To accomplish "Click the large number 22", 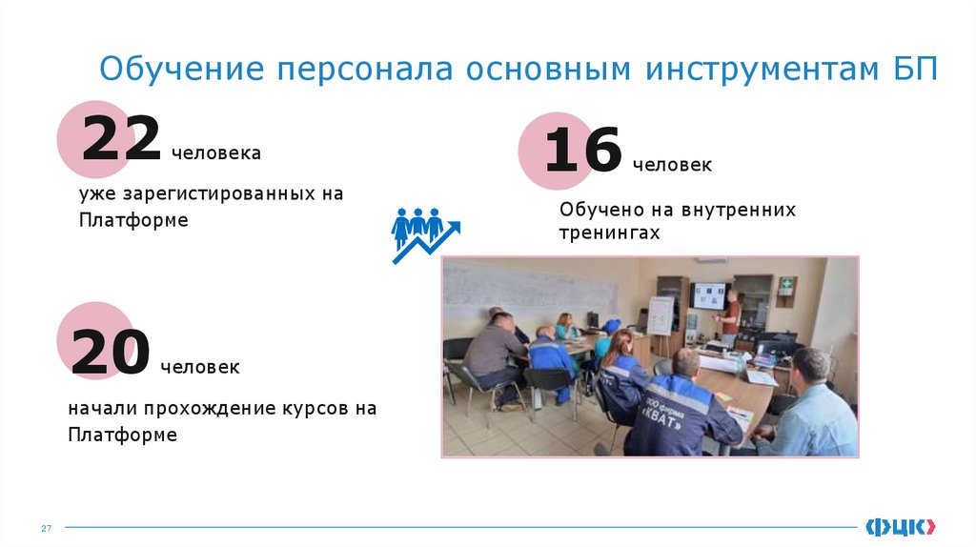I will point(120,139).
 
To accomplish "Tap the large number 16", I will point(582,152).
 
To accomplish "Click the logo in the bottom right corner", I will point(900,525).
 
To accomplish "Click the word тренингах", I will point(609,233).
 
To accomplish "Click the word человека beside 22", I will point(215,152).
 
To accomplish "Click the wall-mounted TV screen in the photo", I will point(707,295).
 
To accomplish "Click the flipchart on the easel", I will point(660,315).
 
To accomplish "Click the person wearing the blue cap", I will point(606,339).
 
